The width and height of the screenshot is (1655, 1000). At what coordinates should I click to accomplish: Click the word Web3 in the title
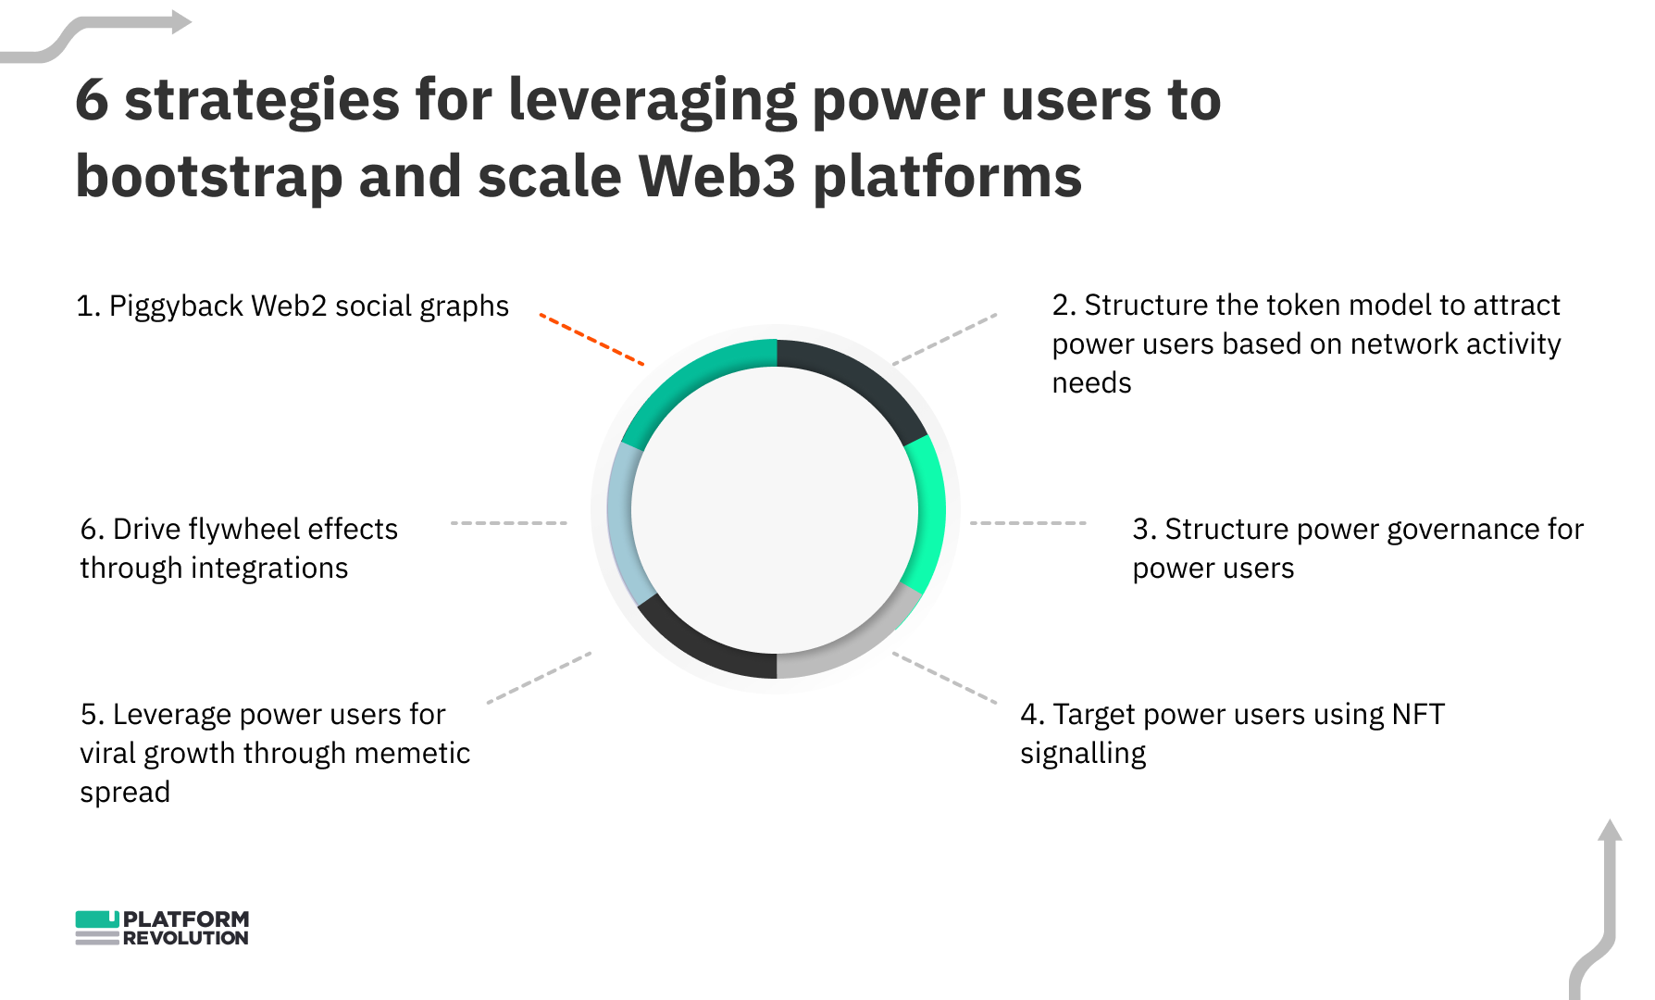tap(716, 176)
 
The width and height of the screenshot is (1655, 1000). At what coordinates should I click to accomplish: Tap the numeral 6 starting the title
tap(92, 100)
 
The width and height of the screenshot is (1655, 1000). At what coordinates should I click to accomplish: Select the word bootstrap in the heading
tap(208, 176)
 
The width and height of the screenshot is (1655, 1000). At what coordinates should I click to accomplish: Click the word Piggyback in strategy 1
tap(176, 306)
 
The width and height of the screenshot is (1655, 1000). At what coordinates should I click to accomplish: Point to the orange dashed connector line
tap(591, 340)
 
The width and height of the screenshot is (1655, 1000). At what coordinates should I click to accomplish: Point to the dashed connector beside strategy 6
tap(508, 523)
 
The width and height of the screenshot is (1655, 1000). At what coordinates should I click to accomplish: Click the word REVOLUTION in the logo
tap(185, 938)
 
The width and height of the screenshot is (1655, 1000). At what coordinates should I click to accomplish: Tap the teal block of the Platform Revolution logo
tap(96, 919)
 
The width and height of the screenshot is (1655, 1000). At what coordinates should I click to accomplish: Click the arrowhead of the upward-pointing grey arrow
tap(1610, 830)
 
